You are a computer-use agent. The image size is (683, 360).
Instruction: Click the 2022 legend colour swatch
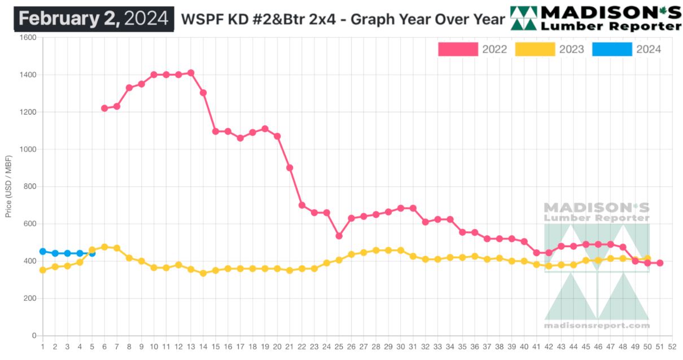(458, 50)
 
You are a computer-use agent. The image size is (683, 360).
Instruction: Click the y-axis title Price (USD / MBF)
(8, 187)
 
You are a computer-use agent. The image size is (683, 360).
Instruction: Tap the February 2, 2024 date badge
(94, 19)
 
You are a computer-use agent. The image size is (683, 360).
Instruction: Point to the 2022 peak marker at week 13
(191, 73)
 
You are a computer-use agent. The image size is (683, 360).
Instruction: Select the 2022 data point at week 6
(104, 108)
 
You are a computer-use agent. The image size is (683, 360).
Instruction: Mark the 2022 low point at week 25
(339, 236)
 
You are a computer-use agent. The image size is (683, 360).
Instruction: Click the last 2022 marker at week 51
(659, 263)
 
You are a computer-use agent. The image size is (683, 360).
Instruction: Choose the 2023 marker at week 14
(203, 273)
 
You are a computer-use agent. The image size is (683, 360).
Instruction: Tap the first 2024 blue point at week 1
(43, 251)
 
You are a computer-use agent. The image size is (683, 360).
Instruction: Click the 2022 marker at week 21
(290, 168)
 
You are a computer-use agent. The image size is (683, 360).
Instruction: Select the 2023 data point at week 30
(401, 250)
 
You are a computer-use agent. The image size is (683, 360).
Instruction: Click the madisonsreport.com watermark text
(597, 326)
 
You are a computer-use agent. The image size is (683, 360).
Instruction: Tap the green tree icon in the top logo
(524, 19)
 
